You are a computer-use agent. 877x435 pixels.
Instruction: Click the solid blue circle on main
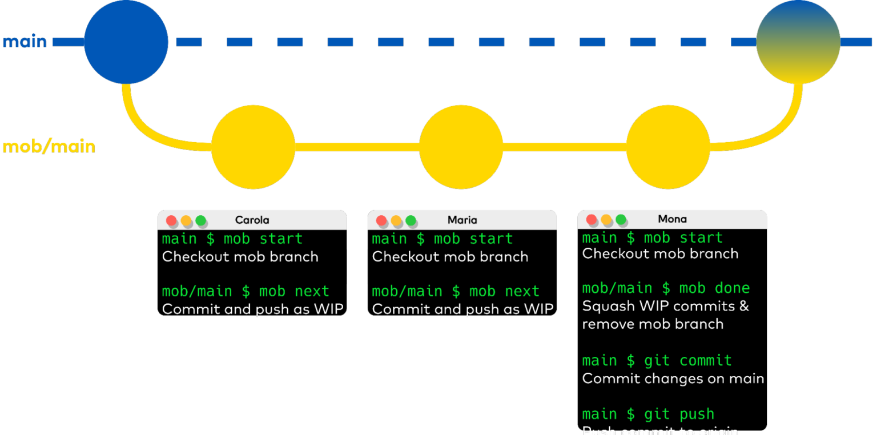pos(126,42)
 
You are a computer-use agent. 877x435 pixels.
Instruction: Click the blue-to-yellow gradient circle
pos(798,42)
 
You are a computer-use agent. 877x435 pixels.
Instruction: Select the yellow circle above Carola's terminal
pos(253,147)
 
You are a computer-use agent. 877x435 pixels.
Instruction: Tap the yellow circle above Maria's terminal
pos(461,147)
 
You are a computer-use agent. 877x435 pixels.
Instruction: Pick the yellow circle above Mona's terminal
pos(667,147)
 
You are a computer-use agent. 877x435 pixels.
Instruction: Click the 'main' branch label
pos(25,42)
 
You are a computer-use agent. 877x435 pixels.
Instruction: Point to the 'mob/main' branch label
pos(49,147)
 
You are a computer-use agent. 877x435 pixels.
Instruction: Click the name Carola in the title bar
pos(252,220)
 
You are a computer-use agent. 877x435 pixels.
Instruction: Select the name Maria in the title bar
pos(462,220)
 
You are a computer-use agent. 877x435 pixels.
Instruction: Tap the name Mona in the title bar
pos(672,219)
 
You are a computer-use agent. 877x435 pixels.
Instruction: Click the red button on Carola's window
pos(171,221)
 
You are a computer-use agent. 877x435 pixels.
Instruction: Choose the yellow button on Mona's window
pos(606,220)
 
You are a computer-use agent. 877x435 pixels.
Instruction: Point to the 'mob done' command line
pos(666,288)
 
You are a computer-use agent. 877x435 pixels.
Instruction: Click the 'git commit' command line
pos(657,361)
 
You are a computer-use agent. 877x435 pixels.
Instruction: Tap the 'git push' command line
pos(648,414)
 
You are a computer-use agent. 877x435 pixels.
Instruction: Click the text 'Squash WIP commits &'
pos(665,307)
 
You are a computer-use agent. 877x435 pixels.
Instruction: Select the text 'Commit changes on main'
pos(673,379)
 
